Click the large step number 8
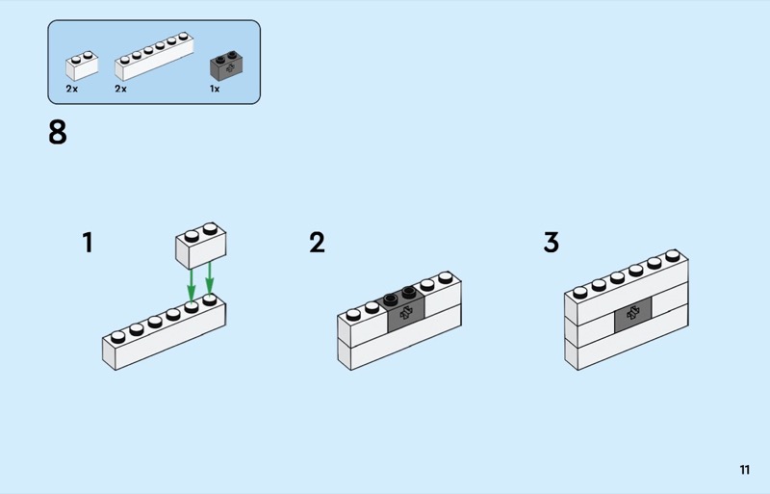(58, 132)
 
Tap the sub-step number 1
(88, 242)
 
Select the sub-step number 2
(317, 242)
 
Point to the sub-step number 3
(551, 242)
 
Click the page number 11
(744, 470)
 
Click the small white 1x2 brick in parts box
(82, 65)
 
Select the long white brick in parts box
(152, 60)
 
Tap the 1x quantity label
(215, 89)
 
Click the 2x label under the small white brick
(71, 89)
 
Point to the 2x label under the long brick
(120, 89)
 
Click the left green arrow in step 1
(191, 283)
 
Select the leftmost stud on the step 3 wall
(580, 290)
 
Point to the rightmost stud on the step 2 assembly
(445, 278)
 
